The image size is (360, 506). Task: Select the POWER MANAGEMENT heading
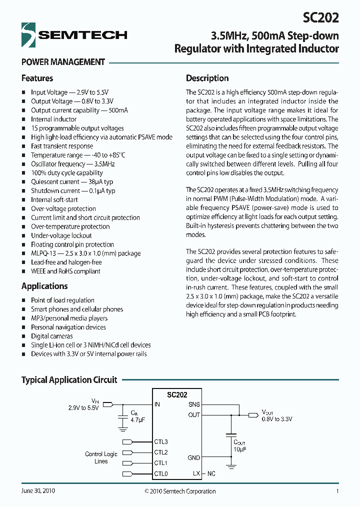(63, 62)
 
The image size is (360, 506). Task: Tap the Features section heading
(37, 78)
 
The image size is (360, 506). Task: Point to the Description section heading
(207, 78)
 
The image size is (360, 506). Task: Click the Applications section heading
(44, 286)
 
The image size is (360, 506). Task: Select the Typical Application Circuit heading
(69, 379)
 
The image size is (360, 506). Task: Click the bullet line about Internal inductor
(53, 119)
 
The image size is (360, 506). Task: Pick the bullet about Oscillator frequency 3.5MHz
(73, 164)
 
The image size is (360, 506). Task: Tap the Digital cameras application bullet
(51, 336)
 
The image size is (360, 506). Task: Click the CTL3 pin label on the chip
(161, 441)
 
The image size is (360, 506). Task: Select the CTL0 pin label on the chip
(161, 473)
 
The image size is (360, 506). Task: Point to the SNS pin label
(194, 404)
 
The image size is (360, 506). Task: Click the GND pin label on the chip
(193, 457)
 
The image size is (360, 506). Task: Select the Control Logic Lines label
(101, 457)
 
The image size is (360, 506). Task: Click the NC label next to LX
(211, 473)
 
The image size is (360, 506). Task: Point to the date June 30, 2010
(38, 491)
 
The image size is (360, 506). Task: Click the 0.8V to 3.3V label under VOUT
(276, 419)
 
